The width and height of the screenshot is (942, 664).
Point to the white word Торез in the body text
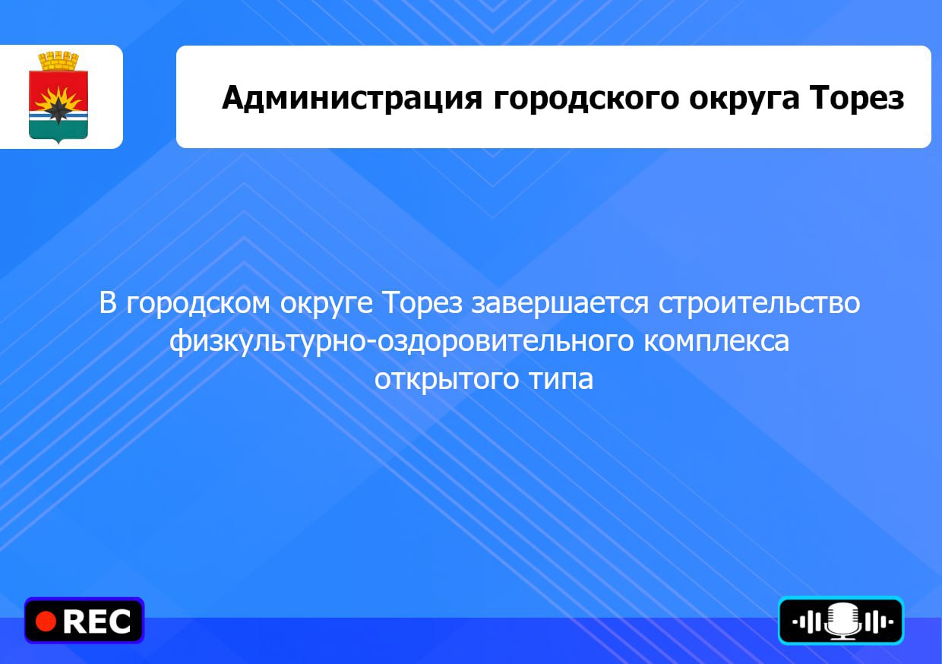[x=423, y=304]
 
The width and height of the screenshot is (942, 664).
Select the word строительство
[x=760, y=304]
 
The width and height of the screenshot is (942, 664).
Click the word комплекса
[x=716, y=341]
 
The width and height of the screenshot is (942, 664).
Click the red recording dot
[x=46, y=621]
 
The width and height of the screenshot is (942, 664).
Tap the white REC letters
[x=97, y=621]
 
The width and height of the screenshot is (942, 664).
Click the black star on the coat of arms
[x=57, y=111]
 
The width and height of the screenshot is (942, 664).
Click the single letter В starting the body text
[x=108, y=303]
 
